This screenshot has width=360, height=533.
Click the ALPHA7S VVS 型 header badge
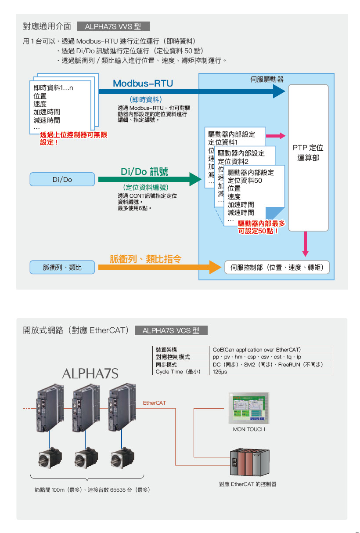(x=113, y=26)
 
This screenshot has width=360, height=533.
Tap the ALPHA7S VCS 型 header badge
(x=171, y=330)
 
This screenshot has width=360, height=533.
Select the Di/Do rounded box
(x=62, y=179)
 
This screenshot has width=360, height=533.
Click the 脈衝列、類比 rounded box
(x=62, y=267)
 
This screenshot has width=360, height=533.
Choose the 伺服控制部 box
(x=277, y=267)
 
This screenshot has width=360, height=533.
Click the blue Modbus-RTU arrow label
(x=143, y=83)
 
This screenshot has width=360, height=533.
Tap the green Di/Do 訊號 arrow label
(x=144, y=171)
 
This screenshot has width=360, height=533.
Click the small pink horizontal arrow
(x=276, y=136)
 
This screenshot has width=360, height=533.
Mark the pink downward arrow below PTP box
(x=306, y=244)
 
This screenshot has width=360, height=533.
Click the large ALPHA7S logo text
(x=90, y=374)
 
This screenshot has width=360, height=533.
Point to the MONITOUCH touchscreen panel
(x=249, y=408)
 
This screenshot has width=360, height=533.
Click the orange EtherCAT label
(x=155, y=402)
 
